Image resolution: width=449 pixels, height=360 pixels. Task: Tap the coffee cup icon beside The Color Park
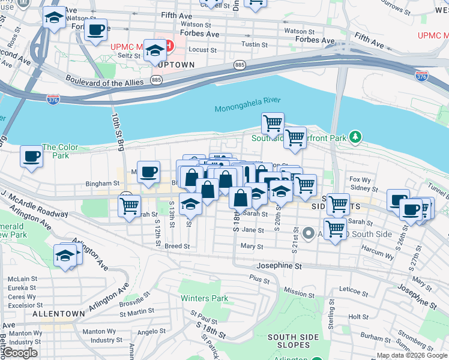tap(31, 157)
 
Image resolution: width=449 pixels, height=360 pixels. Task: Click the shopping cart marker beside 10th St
tap(130, 206)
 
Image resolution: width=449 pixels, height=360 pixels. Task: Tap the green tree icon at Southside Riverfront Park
tap(356, 138)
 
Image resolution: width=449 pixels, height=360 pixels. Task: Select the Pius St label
tap(260, 279)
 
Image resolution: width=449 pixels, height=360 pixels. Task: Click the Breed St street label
tap(177, 246)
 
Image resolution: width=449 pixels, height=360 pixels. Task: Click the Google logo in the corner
tap(20, 353)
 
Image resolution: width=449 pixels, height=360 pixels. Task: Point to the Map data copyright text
tap(411, 355)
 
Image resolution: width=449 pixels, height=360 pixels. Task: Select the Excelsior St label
tap(22, 305)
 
